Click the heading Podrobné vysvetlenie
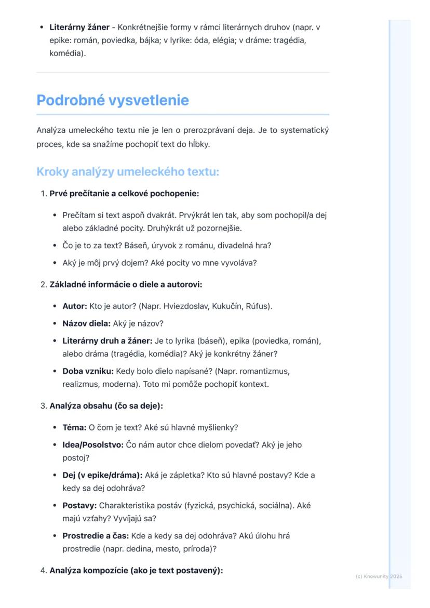click(x=113, y=100)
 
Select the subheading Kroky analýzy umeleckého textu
click(x=128, y=172)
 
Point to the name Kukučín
click(x=225, y=306)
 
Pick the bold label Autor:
click(x=75, y=306)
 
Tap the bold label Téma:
click(x=74, y=427)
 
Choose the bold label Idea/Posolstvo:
click(x=93, y=445)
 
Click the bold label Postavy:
click(x=79, y=505)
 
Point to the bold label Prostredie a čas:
click(x=96, y=535)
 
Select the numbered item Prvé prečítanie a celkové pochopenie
click(x=124, y=194)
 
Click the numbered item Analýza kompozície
click(x=136, y=571)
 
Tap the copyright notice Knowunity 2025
click(x=379, y=576)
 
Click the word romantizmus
click(x=264, y=371)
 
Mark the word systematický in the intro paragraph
click(x=304, y=130)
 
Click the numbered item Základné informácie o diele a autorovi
click(x=126, y=285)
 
